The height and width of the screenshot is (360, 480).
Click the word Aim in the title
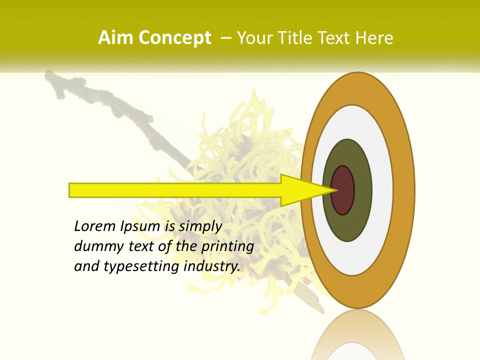(116, 38)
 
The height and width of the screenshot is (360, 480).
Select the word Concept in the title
(175, 38)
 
